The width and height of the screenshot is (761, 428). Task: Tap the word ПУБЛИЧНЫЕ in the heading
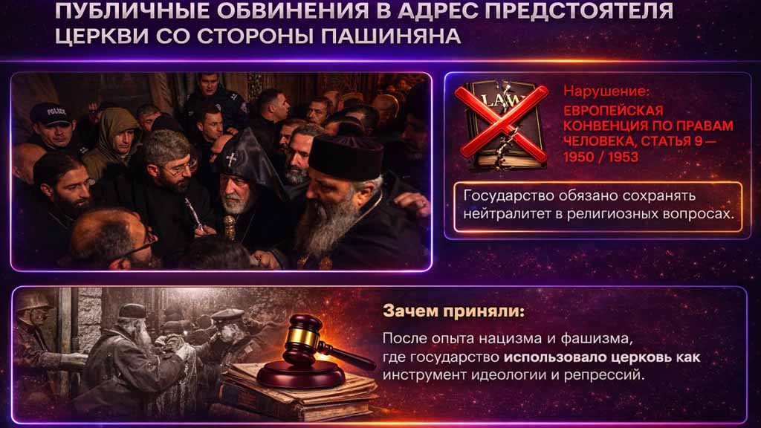click(132, 10)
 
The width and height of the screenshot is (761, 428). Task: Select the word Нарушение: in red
click(606, 91)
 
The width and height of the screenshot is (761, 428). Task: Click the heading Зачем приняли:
click(454, 311)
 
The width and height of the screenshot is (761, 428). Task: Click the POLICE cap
click(51, 114)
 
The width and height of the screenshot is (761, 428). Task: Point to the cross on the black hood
click(232, 158)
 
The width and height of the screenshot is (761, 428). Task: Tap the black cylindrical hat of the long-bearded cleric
click(346, 157)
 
